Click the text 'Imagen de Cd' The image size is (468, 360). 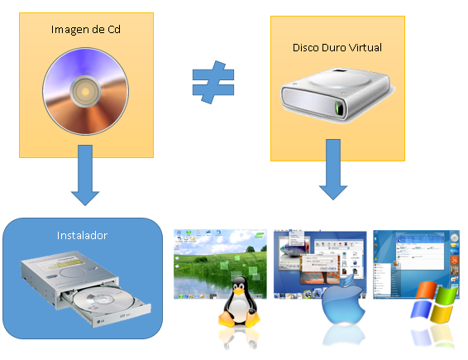coord(86,30)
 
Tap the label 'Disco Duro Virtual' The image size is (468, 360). coord(337,47)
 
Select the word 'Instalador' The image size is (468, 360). coord(82,235)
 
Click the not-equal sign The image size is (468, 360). coord(213,82)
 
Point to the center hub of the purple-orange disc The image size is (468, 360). coord(85,91)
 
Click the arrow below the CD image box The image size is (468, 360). coord(85,175)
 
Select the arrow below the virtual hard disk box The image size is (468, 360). coord(333,170)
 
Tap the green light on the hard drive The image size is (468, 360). coord(339,108)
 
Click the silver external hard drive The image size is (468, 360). coord(337,94)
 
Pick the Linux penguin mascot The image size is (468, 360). coord(239,302)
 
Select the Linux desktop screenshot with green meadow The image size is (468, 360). coord(220,264)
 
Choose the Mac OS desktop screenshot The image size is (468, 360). coord(320,264)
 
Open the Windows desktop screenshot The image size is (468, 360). coord(416,264)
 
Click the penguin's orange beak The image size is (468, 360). coord(238,290)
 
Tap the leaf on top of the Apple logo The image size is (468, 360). coord(349,281)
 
